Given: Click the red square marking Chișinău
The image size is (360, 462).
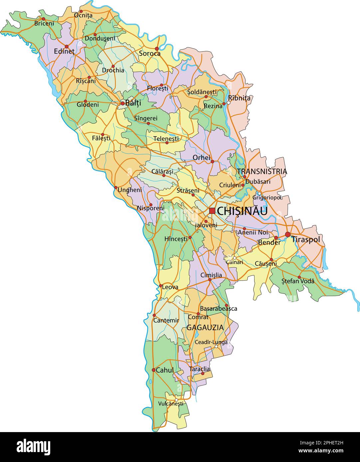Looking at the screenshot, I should tap(212, 211).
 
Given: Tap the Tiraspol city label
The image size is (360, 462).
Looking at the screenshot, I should tap(305, 240).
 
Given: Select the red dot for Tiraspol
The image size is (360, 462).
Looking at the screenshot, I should tap(288, 235).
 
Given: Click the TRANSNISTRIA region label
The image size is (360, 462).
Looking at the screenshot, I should tap(262, 172).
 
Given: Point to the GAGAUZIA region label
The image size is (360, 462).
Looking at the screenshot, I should tap(205, 327).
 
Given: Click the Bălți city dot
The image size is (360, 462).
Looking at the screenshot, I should tap(122, 104).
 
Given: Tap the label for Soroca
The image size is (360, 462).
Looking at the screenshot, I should tap(150, 54).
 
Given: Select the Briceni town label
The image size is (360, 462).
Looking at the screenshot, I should tap(44, 24).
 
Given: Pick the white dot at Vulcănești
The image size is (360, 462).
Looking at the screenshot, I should tap(176, 400).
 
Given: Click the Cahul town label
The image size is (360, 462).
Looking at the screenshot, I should tap(165, 370).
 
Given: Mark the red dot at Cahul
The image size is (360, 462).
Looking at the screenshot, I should tap(153, 370).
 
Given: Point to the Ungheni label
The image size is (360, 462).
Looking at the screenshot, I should tap(130, 190).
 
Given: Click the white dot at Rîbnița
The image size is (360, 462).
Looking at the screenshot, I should tap(229, 103).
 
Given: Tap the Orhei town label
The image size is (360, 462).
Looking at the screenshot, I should tap(202, 158).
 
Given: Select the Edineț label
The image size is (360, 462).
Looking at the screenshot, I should tap(64, 52).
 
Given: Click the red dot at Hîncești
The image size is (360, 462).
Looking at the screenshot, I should tap(190, 237).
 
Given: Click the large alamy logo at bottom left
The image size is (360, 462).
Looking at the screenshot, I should tap(33, 446).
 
